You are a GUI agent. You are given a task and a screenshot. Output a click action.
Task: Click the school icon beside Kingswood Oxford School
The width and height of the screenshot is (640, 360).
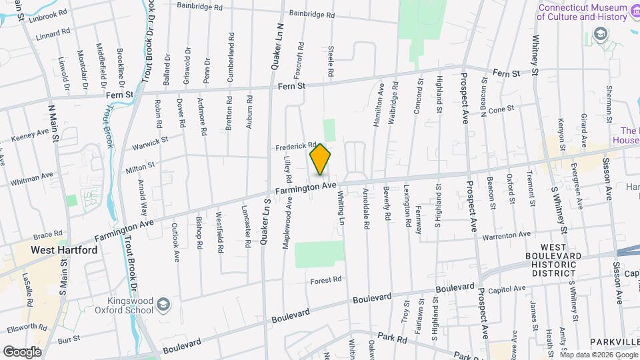tap(163, 305)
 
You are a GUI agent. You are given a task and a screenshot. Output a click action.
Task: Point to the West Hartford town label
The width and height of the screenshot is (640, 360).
tap(64, 250)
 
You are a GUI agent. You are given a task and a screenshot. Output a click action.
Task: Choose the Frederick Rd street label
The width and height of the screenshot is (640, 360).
tap(294, 145)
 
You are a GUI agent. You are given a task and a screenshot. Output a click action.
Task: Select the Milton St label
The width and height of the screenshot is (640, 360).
tap(140, 165)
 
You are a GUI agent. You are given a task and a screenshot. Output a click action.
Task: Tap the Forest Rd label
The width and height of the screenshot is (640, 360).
tap(326, 280)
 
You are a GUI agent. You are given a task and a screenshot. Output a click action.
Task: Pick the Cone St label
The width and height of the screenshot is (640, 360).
tap(502, 109)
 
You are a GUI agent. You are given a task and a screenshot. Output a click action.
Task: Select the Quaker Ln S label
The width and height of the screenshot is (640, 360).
tap(265, 220)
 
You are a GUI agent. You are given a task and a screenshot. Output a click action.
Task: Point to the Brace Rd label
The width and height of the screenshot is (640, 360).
tap(47, 235)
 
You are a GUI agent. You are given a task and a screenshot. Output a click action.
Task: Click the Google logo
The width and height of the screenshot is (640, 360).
tap(22, 351)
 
